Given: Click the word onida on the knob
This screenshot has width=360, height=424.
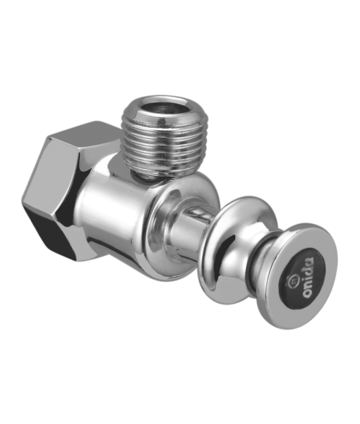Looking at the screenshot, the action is [x=308, y=277].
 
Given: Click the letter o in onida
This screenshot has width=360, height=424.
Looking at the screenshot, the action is [x=308, y=293].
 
